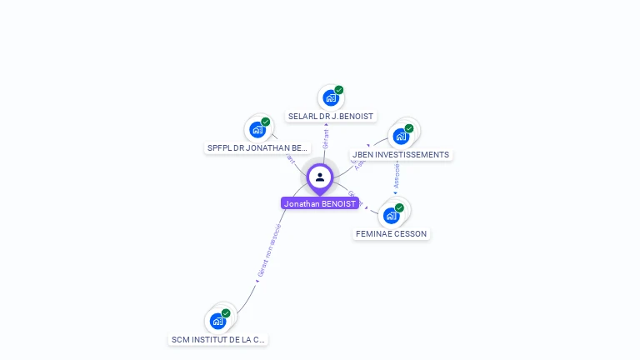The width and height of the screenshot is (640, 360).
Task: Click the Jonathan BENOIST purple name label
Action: tap(320, 203)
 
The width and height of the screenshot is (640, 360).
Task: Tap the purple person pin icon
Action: tap(320, 177)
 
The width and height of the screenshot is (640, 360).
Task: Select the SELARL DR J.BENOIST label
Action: tap(331, 117)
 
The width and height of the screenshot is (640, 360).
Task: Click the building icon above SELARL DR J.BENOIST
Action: tap(331, 98)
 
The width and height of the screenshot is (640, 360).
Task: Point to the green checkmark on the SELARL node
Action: tap(339, 90)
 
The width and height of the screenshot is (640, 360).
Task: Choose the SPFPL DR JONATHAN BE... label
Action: tap(258, 148)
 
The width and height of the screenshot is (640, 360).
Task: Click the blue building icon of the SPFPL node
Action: tap(257, 130)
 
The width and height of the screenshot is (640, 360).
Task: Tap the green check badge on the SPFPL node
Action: tap(266, 122)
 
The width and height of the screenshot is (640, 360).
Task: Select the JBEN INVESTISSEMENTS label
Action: tap(401, 155)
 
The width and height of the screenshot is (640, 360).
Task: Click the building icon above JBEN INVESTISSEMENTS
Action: tap(401, 137)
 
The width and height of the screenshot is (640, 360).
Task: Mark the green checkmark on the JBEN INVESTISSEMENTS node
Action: tap(409, 128)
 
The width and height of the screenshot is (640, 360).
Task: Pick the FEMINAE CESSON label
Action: tap(392, 234)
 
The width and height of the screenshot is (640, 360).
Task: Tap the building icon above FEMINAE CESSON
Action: tap(391, 216)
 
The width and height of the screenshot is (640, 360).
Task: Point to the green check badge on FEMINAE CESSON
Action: tap(399, 207)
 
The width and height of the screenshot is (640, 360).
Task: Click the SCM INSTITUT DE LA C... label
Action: tap(218, 340)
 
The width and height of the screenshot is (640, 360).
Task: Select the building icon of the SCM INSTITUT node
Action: tap(217, 321)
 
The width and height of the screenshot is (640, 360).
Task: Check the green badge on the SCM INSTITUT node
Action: tap(226, 313)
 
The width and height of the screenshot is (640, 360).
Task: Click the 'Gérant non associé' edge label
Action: tap(269, 250)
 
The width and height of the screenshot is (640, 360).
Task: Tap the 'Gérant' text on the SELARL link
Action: tap(326, 138)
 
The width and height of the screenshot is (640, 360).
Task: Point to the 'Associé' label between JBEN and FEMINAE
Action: tap(397, 174)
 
